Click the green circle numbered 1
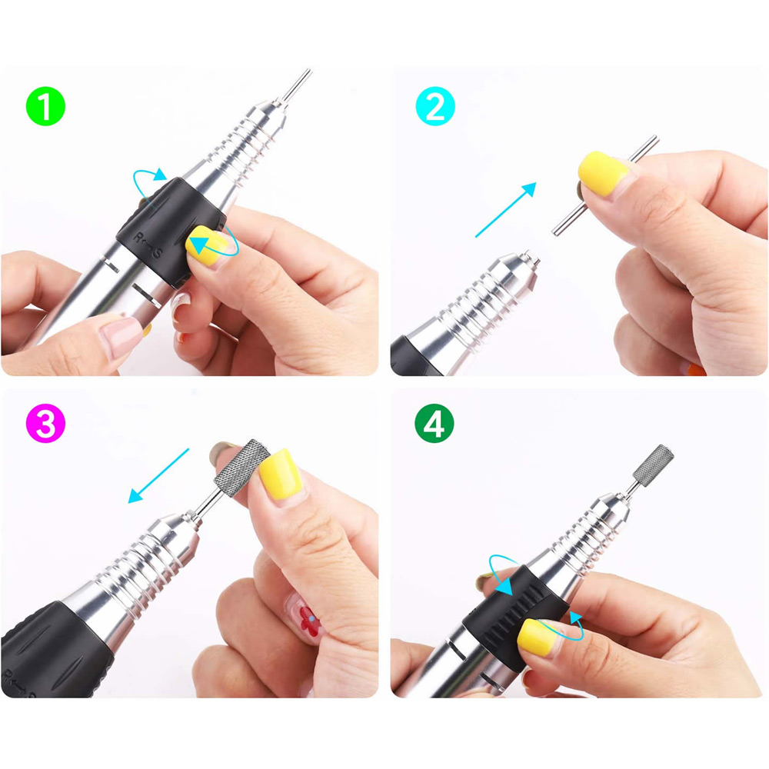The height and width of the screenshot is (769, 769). coord(45,106)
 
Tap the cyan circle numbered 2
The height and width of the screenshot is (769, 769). coord(435,106)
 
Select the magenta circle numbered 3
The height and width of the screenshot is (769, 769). coord(45,423)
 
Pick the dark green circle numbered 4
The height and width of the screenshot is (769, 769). coord(434,423)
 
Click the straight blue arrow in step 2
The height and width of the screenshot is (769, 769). coord(506,210)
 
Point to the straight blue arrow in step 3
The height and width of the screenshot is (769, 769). coord(158,475)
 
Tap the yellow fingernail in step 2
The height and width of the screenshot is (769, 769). coord(602,174)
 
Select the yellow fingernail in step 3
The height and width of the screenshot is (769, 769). coord(280,474)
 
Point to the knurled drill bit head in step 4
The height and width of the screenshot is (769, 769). coord(653,465)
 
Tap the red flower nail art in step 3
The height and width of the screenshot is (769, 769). coord(310,621)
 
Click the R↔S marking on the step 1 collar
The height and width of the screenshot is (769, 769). coord(147,245)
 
